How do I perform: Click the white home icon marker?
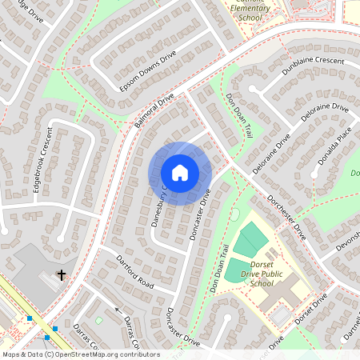coord(180,172)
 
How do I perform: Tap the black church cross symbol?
coord(61,276)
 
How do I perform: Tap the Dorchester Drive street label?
coord(286,217)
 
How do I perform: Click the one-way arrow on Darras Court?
coord(117,310)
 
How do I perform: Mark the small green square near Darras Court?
coord(98,320)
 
